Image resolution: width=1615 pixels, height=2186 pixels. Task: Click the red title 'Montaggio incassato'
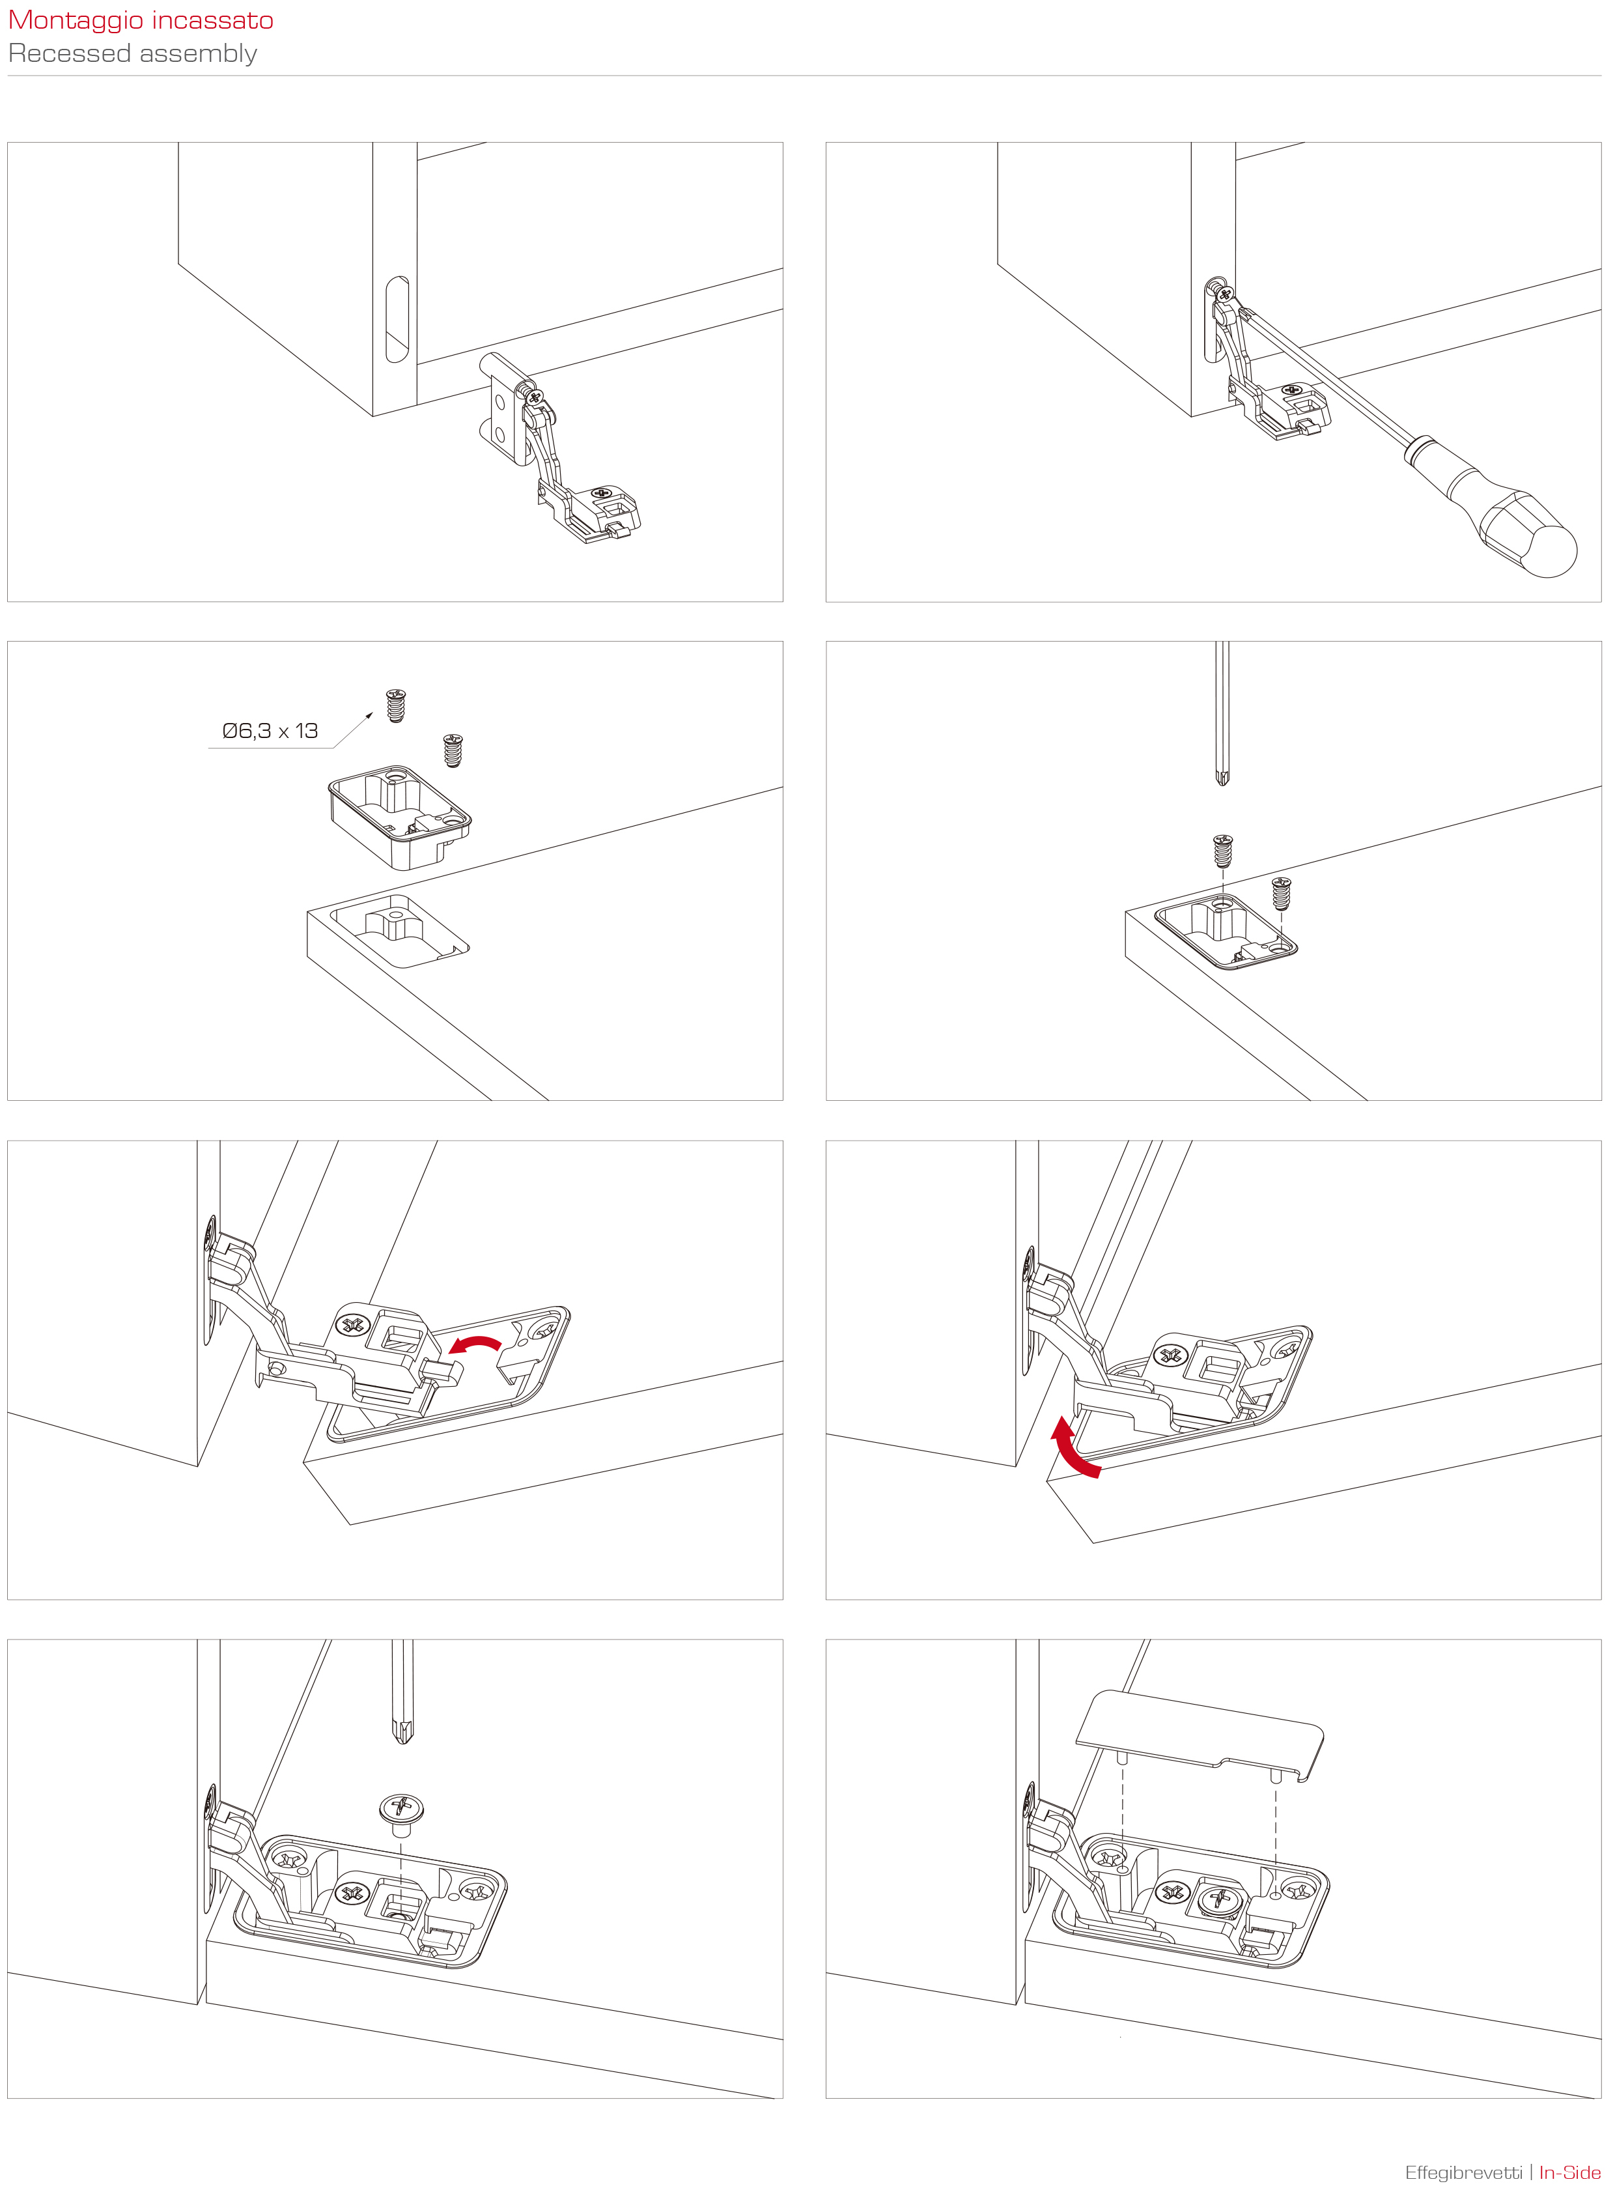click(141, 21)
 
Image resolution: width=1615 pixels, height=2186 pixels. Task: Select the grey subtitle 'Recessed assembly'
click(133, 54)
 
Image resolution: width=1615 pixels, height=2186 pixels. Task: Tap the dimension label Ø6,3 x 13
click(270, 731)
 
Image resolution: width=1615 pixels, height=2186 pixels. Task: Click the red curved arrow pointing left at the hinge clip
click(475, 1345)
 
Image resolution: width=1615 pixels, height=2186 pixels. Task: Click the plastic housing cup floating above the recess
click(399, 816)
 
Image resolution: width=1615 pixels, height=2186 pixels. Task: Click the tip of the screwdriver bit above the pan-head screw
click(402, 1743)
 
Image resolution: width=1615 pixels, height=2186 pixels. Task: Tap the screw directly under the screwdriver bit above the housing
click(1222, 851)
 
